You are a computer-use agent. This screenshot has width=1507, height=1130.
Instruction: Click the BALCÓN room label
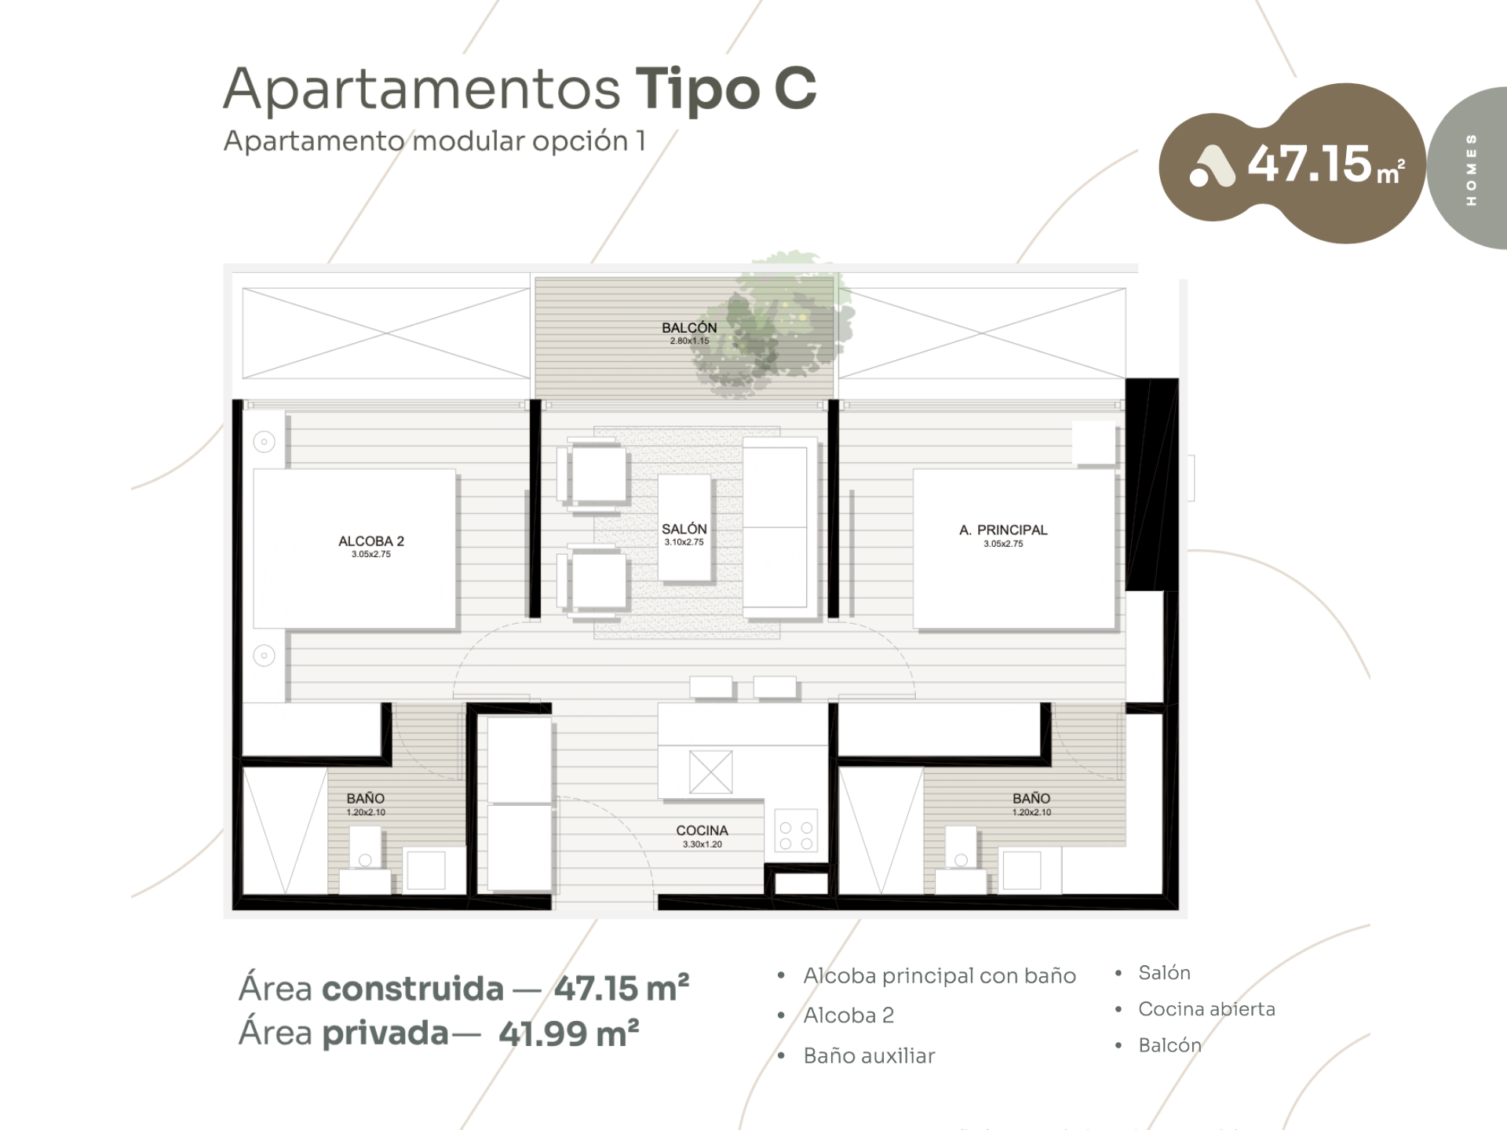pos(689,327)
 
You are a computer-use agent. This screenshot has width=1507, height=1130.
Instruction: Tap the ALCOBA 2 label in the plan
pos(371,541)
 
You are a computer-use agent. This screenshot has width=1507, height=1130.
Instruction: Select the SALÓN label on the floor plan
pos(684,529)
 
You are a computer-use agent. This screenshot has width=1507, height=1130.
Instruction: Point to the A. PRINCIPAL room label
pos(1003,530)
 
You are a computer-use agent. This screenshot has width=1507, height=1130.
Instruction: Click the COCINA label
pos(702,830)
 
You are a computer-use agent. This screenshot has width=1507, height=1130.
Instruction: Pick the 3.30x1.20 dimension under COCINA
pos(702,844)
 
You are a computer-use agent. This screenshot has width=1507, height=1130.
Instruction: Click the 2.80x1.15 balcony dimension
pos(689,341)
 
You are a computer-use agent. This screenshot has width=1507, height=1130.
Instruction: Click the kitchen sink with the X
pos(710,771)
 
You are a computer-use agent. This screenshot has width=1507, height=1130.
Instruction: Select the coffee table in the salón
pos(684,528)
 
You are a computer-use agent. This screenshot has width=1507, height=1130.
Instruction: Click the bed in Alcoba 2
pos(354,549)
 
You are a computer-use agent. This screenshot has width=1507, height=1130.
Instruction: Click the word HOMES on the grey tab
pos(1471,169)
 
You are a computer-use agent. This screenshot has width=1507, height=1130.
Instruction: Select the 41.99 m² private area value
pos(568,1033)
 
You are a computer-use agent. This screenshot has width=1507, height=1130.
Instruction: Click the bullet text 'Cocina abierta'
pos(1206,1009)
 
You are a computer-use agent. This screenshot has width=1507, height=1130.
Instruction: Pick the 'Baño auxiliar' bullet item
pos(869,1056)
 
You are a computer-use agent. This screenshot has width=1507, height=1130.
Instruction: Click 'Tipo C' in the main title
pos(725,89)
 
